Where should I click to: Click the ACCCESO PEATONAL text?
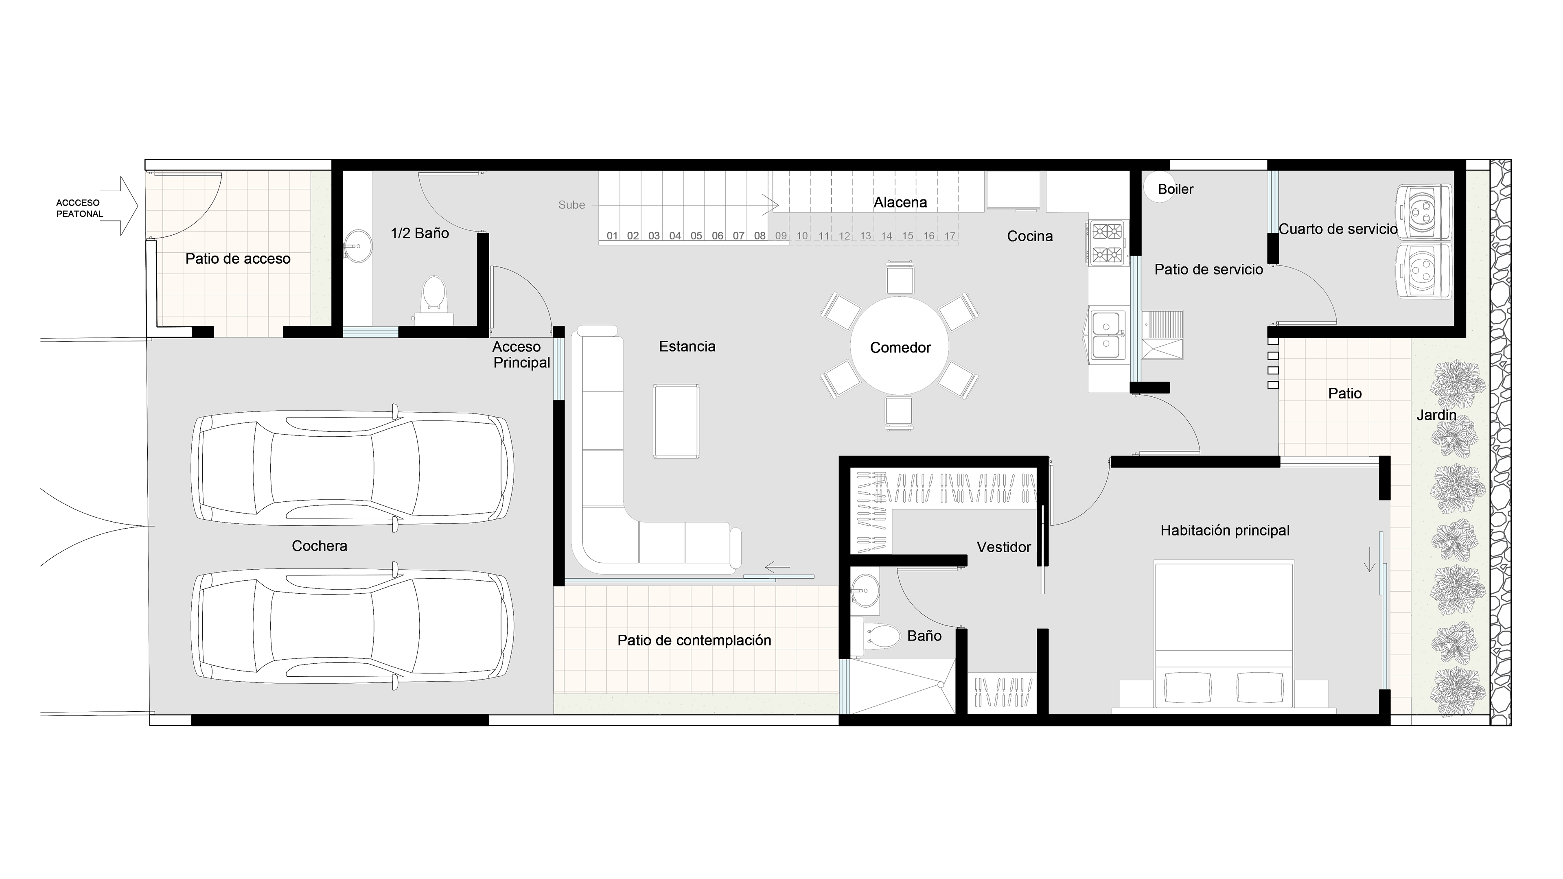tap(79, 208)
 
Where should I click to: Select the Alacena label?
tap(900, 203)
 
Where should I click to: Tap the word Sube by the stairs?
tap(571, 205)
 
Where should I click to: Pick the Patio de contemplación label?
tap(694, 640)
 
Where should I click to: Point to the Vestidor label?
tap(1004, 547)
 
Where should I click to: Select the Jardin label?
tap(1436, 415)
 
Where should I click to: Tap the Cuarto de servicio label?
tap(1338, 229)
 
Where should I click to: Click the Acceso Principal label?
tap(521, 355)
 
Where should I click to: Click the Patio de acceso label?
tap(238, 259)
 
